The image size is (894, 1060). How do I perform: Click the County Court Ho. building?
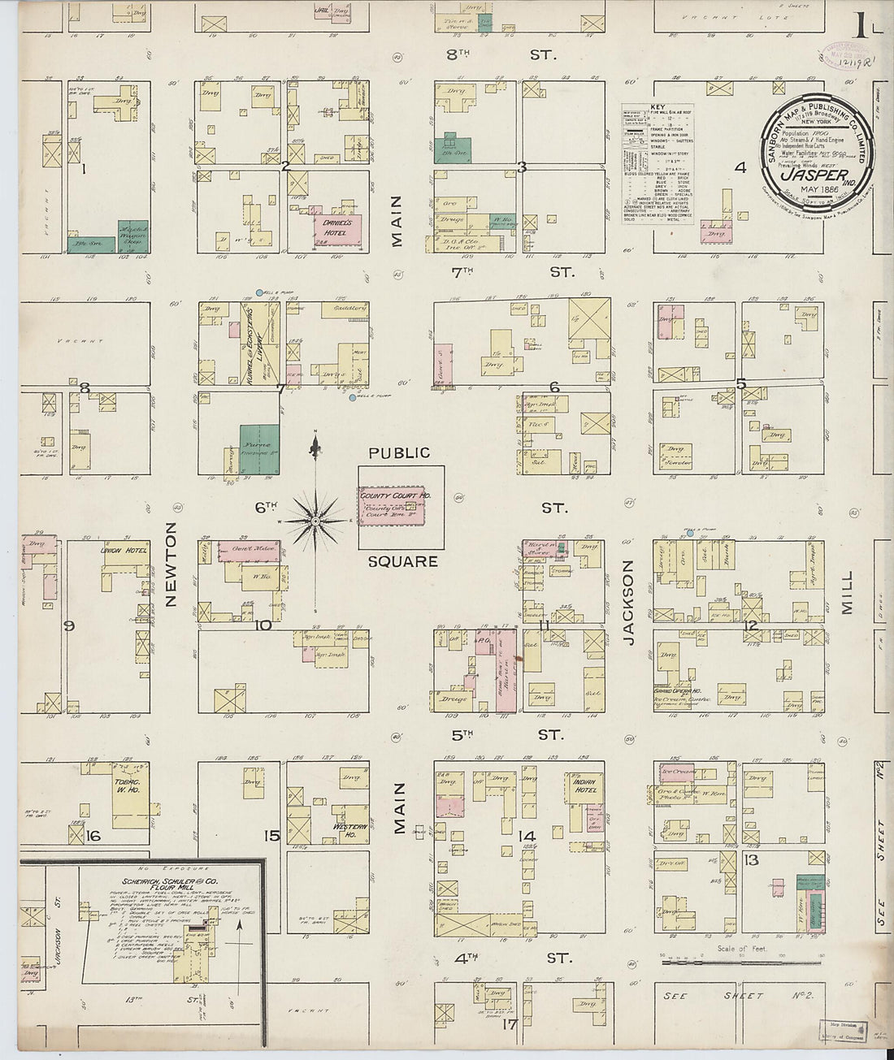(x=395, y=507)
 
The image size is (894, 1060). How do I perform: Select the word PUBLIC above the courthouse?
(x=398, y=453)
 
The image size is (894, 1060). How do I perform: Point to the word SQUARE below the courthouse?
(x=402, y=561)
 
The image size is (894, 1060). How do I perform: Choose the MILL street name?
(x=848, y=592)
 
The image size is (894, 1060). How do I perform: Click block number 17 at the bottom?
(x=510, y=1024)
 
